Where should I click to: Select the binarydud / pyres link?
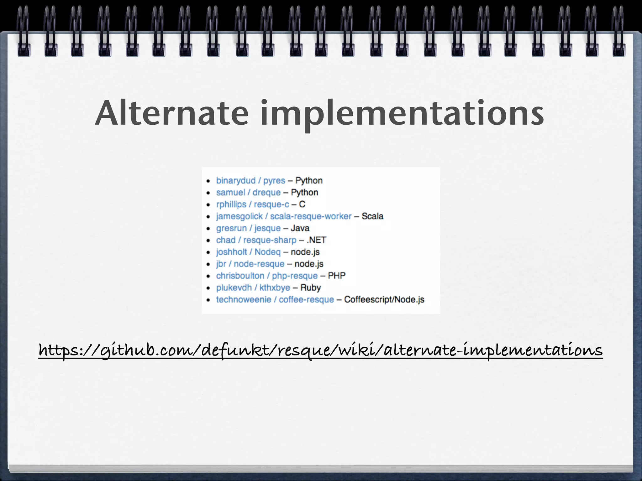tap(250, 181)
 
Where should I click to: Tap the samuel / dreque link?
tap(248, 193)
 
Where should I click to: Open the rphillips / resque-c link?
tap(253, 204)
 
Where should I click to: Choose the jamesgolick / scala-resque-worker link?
tap(284, 216)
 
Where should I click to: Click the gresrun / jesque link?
tap(248, 228)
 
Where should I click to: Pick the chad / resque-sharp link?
tap(256, 240)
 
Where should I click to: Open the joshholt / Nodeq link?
tap(248, 252)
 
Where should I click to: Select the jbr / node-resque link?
tap(250, 264)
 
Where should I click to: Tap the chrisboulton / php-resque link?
tap(267, 276)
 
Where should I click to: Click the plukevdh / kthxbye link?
tap(253, 288)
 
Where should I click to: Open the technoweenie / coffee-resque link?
tap(275, 300)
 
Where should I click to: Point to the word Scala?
tap(372, 216)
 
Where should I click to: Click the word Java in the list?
tap(300, 228)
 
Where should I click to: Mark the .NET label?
tap(316, 240)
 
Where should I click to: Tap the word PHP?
tap(337, 276)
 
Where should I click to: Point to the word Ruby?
tap(311, 288)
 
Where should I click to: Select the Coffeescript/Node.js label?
tap(384, 300)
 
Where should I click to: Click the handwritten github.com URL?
tap(320, 350)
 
